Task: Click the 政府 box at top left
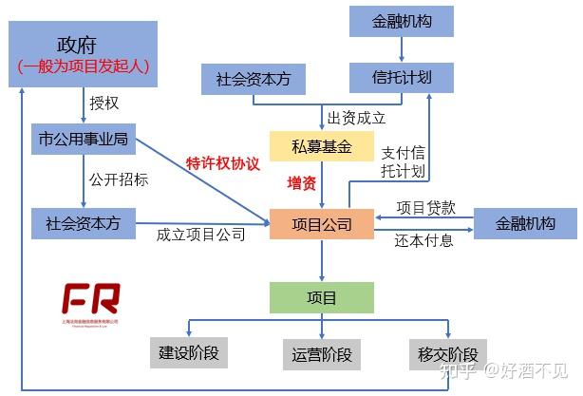84,54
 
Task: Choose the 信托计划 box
402,78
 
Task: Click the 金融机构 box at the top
402,20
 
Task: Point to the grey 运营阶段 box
323,356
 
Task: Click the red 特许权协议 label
222,162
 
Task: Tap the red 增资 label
301,181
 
